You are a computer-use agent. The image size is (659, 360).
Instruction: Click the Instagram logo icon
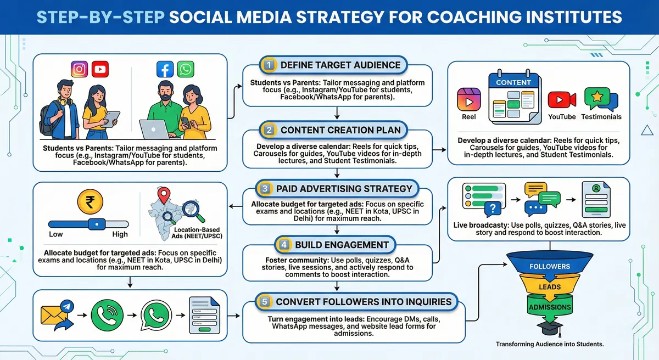click(80, 70)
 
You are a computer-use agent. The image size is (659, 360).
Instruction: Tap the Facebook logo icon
click(165, 70)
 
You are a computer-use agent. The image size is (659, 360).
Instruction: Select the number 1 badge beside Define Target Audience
click(268, 65)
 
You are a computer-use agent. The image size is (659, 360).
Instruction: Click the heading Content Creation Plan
click(340, 130)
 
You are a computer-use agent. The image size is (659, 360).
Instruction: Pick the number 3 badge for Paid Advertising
click(265, 188)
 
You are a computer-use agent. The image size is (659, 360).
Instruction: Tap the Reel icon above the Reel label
click(469, 99)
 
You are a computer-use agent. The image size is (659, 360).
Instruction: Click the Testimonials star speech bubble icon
click(601, 99)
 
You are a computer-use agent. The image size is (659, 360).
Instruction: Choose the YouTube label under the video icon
click(562, 117)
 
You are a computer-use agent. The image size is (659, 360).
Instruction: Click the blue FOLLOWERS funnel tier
click(549, 266)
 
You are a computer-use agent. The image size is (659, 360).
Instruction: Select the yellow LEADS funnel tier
click(550, 287)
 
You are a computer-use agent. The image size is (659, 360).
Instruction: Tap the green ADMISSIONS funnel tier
click(549, 307)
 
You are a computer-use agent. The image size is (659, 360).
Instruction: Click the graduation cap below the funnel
click(549, 328)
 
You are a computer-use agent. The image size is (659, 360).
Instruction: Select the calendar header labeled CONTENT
click(513, 82)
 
